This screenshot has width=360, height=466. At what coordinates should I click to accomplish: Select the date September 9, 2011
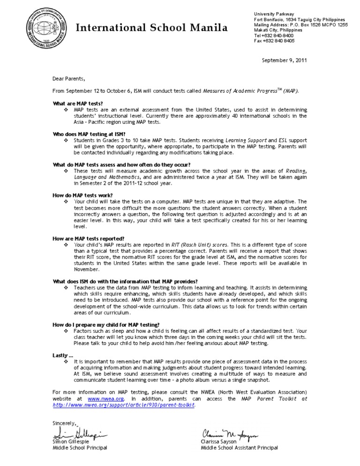coord(284,60)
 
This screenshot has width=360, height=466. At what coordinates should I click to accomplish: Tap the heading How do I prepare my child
coord(106,324)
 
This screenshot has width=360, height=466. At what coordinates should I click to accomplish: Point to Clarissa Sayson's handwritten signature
coord(230,435)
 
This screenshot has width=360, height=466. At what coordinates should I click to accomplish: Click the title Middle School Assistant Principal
coord(239,448)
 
